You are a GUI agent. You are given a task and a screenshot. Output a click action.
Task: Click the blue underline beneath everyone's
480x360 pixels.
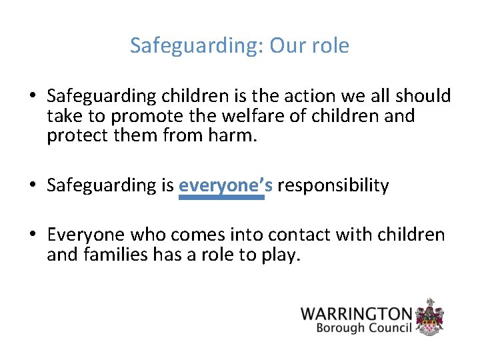221,197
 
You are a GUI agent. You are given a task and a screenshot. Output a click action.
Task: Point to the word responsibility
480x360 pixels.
333,185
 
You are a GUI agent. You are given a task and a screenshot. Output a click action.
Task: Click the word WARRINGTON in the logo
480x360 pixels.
356,313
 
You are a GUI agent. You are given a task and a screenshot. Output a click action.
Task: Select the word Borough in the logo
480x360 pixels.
340,328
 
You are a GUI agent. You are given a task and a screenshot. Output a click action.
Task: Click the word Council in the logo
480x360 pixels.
390,328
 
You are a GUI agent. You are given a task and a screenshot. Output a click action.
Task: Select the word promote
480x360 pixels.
141,117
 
